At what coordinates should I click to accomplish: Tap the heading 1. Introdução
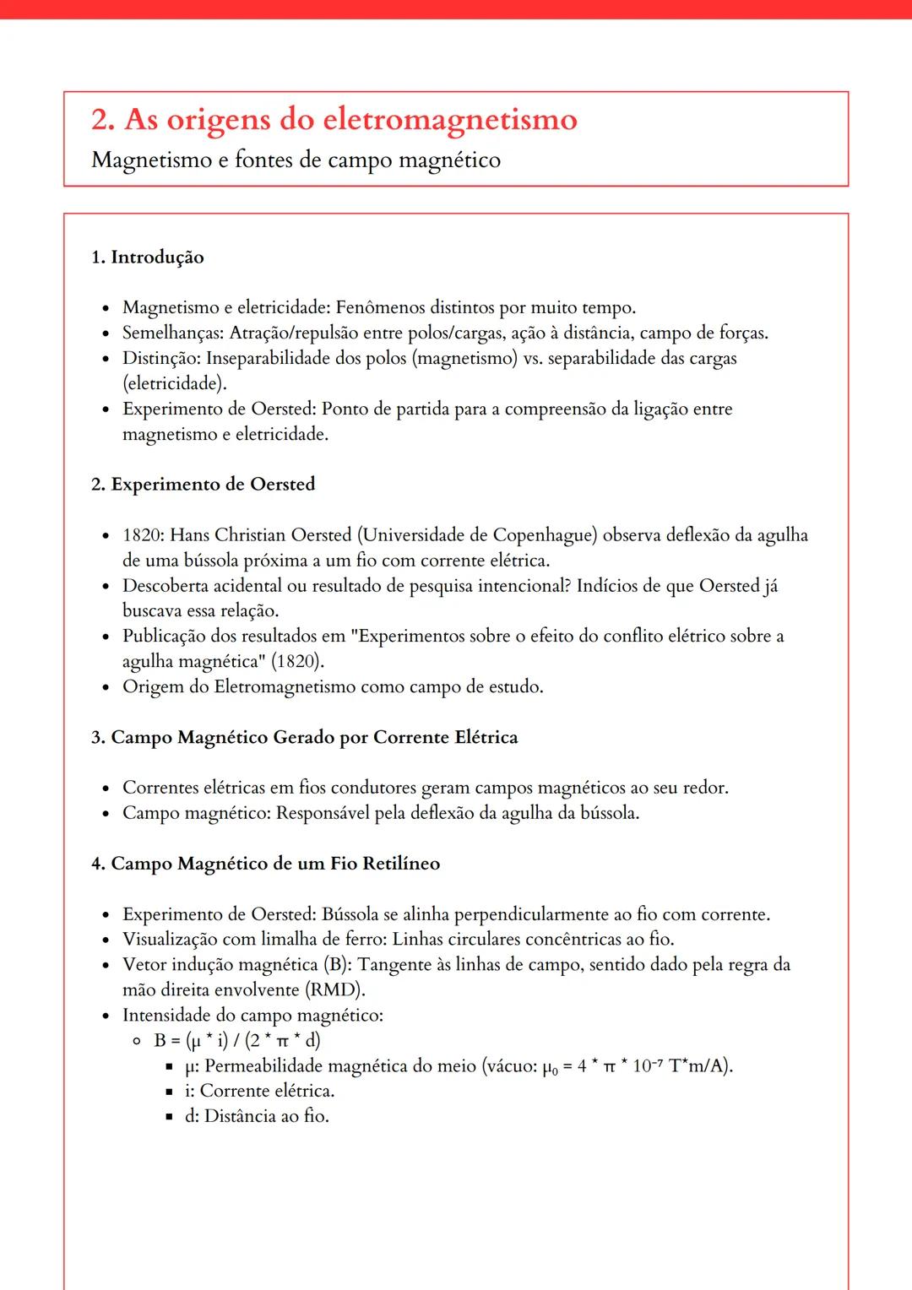(148, 257)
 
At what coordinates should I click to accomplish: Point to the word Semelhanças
(172, 333)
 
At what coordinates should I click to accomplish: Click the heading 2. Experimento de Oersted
(203, 485)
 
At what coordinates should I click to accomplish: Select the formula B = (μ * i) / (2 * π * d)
(237, 1040)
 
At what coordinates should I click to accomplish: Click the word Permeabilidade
(263, 1065)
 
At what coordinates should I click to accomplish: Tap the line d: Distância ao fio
(257, 1116)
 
